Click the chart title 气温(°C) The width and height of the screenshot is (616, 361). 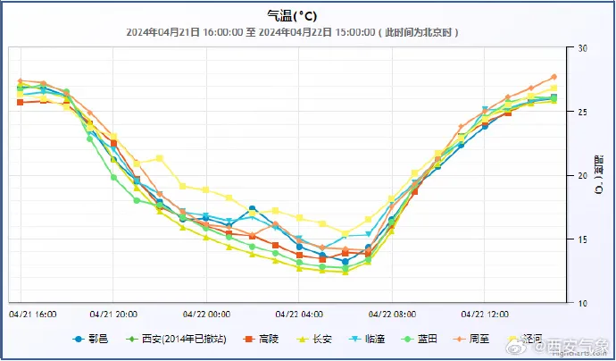coord(291,15)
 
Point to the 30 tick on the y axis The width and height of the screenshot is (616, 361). coord(582,48)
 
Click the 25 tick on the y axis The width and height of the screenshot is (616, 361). coord(582,112)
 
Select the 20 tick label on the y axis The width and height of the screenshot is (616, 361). coord(582,176)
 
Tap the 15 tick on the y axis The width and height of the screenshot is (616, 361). coord(582,239)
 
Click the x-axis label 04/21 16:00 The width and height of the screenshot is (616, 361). coord(32,315)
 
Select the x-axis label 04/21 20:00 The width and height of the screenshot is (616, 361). coord(113,315)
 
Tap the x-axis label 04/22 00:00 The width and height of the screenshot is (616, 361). coord(206,315)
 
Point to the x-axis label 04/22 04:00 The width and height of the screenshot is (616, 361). coord(299,315)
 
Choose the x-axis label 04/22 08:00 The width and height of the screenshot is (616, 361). coord(392,315)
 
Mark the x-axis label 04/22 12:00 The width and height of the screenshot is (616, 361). coord(485,315)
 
